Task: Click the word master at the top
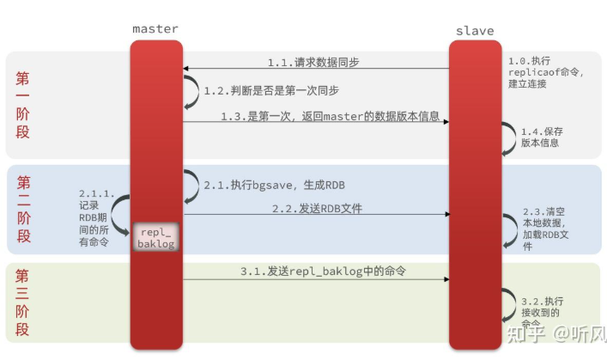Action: pos(155,28)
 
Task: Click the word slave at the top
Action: pos(475,31)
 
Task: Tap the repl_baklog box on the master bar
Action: pos(155,238)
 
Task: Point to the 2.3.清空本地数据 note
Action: pos(544,228)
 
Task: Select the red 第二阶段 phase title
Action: pos(23,209)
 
